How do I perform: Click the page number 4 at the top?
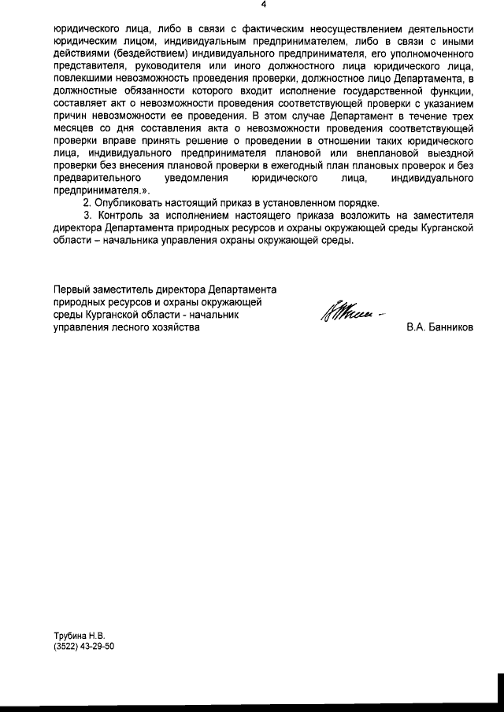point(263,5)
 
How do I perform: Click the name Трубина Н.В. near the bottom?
point(78,634)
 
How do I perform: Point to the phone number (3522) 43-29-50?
point(84,646)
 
